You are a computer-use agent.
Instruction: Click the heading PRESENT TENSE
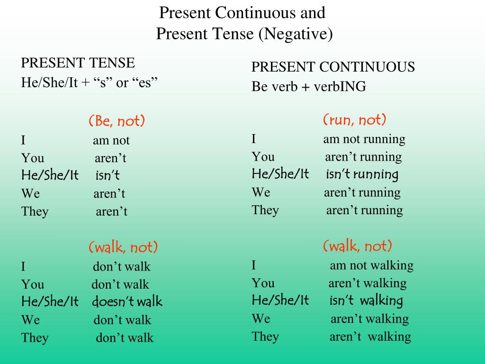point(78,63)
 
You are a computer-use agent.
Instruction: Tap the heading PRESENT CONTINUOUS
point(333,67)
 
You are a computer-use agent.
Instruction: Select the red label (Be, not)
point(117,121)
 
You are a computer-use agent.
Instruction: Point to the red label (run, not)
point(355,119)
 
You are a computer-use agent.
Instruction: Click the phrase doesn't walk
point(127,301)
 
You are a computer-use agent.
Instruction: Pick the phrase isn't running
point(362,174)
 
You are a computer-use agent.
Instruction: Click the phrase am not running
point(364,139)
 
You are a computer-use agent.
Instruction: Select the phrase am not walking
point(372,265)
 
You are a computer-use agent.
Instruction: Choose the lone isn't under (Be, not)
point(108,175)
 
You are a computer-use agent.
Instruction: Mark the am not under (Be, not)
point(111,140)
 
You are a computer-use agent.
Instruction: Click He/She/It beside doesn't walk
point(50,301)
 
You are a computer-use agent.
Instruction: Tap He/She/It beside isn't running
point(280,173)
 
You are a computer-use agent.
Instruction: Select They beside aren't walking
point(265,337)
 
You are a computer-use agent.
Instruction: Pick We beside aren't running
point(261,192)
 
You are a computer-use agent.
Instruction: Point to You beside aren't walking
point(263,283)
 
